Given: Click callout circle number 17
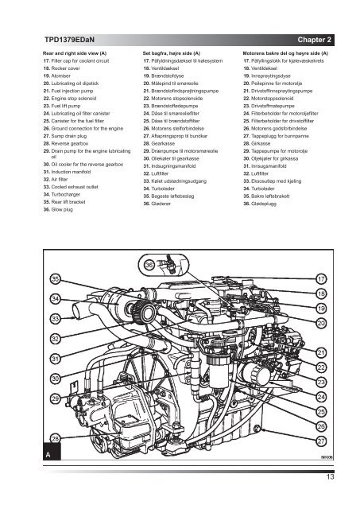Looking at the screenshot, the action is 321,279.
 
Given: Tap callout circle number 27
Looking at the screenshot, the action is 321,441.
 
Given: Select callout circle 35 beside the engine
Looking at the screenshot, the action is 56,279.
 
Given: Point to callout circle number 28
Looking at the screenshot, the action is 56,439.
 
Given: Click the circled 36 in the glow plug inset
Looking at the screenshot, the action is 149,265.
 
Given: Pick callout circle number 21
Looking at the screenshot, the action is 321,352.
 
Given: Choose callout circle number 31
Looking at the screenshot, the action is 56,359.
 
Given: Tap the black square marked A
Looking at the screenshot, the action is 52,451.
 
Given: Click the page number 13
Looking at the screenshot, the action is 330,477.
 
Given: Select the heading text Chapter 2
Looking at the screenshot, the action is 314,40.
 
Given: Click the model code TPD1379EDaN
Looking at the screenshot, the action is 69,40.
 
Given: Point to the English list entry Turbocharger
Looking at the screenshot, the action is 65,194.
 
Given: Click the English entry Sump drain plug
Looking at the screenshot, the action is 69,136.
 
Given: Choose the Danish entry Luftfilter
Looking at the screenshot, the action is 160,173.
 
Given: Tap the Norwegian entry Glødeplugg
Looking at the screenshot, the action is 264,204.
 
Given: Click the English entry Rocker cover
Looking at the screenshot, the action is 65,68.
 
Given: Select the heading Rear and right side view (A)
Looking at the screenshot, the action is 75,53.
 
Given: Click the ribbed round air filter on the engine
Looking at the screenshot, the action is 143,312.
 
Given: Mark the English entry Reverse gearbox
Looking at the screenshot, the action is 70,143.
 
